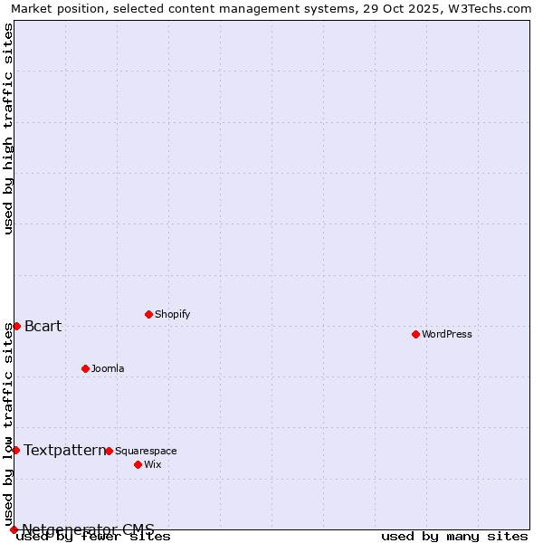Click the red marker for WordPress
tap(415, 334)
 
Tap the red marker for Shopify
tap(148, 314)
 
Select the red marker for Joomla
tap(85, 368)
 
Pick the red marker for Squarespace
tap(109, 451)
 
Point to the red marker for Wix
tap(138, 464)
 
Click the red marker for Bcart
tap(16, 326)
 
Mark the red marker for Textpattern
tap(15, 450)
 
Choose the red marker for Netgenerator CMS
tap(14, 529)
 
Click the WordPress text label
tap(447, 334)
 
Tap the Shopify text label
tap(173, 314)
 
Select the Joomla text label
tap(108, 368)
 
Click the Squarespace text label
tap(146, 451)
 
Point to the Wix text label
tap(153, 464)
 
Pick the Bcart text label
tap(43, 326)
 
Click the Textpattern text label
tap(64, 450)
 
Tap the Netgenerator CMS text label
tap(88, 529)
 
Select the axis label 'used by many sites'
tap(454, 536)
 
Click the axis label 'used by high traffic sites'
tap(9, 129)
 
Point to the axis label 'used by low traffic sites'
tap(9, 424)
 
